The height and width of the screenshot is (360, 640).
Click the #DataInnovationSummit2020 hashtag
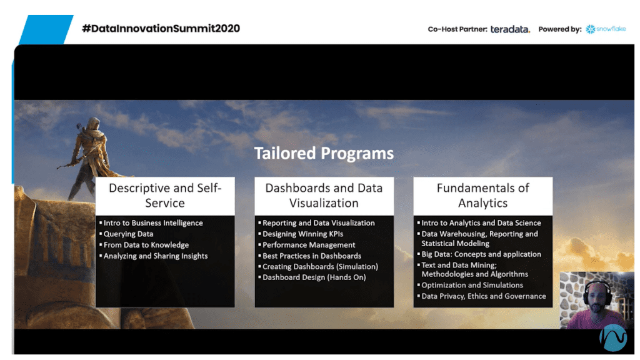161,29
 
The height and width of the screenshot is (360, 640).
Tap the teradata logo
510,29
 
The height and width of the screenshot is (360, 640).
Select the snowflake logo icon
590,29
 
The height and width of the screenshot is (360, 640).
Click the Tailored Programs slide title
324,154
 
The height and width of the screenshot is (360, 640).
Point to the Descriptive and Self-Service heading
165,196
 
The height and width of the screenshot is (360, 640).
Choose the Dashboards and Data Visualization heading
324,196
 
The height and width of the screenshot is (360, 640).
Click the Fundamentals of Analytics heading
483,196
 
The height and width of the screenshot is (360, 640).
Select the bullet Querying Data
128,234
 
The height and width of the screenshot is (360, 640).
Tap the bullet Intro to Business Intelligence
153,223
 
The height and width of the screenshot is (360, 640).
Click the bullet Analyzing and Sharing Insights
156,256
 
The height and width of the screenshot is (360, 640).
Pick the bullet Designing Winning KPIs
303,234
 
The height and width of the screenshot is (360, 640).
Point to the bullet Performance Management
309,245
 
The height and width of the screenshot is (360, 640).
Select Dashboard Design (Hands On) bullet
314,277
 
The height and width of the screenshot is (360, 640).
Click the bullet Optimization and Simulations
472,285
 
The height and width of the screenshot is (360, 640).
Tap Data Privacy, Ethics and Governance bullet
484,296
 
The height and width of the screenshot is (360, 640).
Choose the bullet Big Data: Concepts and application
481,254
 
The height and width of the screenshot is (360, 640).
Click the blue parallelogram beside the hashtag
46,29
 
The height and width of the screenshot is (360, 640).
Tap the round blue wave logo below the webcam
612,338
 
